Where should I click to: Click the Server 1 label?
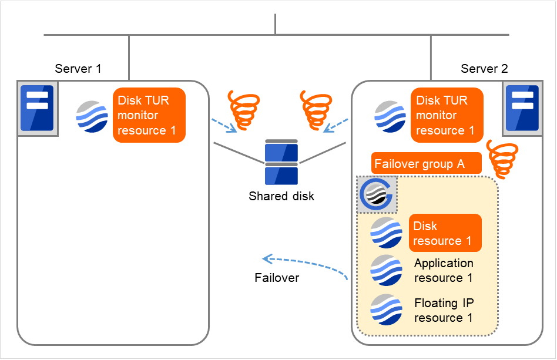pos(78,69)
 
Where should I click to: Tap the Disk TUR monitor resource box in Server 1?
pos(149,115)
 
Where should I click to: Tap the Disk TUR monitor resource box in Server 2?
pos(447,115)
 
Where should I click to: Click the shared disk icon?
pos(281,162)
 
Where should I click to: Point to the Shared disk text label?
pos(281,196)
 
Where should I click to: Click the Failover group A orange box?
pos(427,163)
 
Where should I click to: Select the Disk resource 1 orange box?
pos(445,233)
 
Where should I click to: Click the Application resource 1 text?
pos(444,270)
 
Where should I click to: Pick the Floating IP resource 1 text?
pos(444,310)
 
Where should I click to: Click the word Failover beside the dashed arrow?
pos(277,278)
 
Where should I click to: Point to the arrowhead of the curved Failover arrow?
pos(266,258)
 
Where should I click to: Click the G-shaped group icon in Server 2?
pos(377,194)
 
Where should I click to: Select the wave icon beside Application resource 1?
pos(386,271)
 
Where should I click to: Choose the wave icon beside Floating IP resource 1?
pos(386,310)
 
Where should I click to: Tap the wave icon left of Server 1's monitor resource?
pos(92,116)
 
